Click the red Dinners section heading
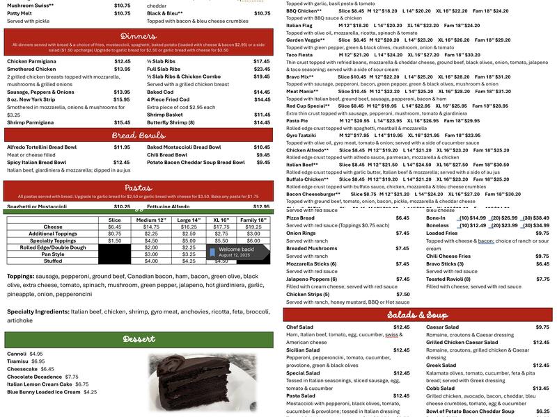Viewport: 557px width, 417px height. tap(138, 35)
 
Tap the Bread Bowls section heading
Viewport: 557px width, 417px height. tap(138, 135)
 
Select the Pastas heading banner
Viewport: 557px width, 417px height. tap(138, 188)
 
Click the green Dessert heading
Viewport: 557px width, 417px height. tap(138, 339)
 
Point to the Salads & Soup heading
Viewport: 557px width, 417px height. tap(417, 315)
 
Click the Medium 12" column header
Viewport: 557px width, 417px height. tap(151, 220)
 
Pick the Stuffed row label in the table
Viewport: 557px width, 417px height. tap(53, 261)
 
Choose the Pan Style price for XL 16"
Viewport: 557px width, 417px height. tap(221, 254)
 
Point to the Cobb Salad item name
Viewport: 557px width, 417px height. tap(442, 389)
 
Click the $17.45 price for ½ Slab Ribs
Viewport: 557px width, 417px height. tap(262, 61)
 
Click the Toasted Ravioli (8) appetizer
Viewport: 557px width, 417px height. tap(450, 279)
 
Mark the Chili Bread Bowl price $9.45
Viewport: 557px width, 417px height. tap(262, 154)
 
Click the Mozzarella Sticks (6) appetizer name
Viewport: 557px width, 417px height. tap(311, 264)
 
